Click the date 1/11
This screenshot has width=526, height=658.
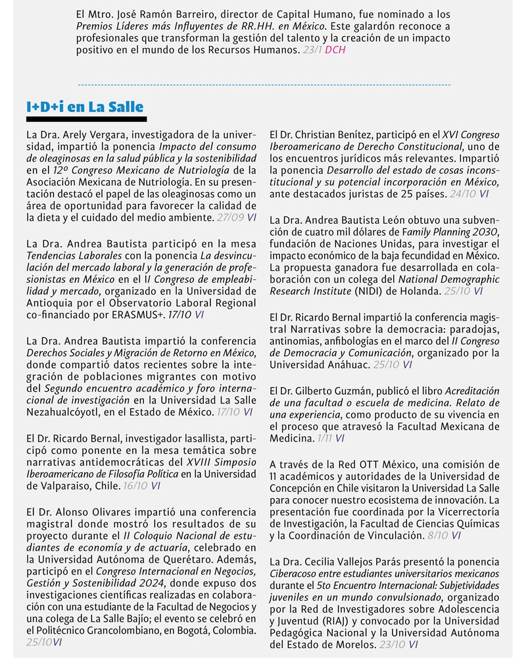click(323, 438)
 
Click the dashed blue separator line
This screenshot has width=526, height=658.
click(263, 85)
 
